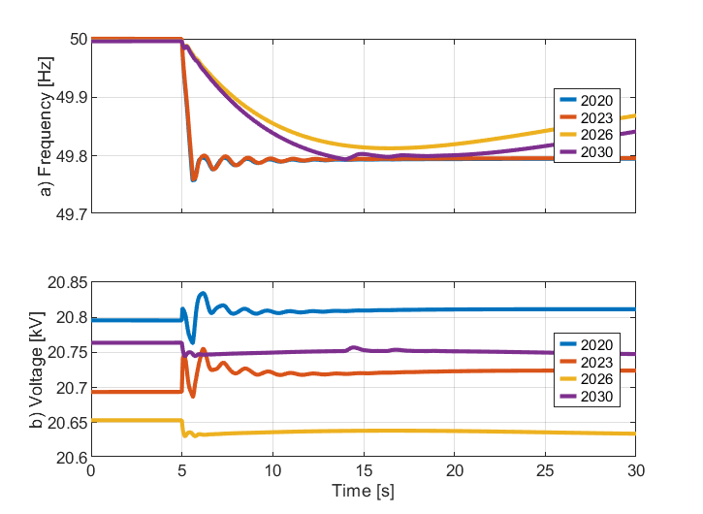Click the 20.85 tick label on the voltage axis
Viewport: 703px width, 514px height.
coord(66,283)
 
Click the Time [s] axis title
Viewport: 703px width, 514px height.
coord(363,492)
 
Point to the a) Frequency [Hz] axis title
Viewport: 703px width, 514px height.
coord(45,127)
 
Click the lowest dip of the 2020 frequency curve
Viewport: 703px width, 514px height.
coord(194,180)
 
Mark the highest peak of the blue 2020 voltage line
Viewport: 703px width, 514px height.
coord(203,293)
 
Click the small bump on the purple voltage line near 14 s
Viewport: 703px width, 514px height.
coord(354,347)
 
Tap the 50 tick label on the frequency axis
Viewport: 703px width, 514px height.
coord(76,40)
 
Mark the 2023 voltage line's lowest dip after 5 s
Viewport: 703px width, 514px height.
coord(192,397)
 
